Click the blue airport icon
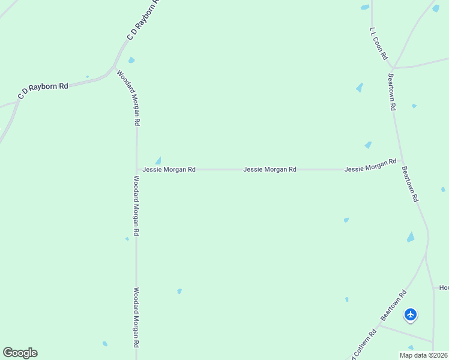coord(411,314)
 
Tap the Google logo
coord(20,353)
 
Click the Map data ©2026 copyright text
coord(423,355)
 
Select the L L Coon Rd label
coord(378,43)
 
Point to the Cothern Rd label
coord(364,344)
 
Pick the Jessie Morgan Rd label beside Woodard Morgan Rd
coord(169,170)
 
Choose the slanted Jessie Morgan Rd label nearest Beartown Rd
coord(370,166)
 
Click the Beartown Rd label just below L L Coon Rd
coord(391,92)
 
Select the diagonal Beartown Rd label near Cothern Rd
coord(394,305)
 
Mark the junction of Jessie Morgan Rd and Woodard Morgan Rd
coord(137,170)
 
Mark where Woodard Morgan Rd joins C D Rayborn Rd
coord(115,66)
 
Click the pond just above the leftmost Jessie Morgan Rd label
coord(158,160)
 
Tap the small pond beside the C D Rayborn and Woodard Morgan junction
coord(131,60)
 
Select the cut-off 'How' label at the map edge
coord(444,288)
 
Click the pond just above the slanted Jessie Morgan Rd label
coord(368,145)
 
